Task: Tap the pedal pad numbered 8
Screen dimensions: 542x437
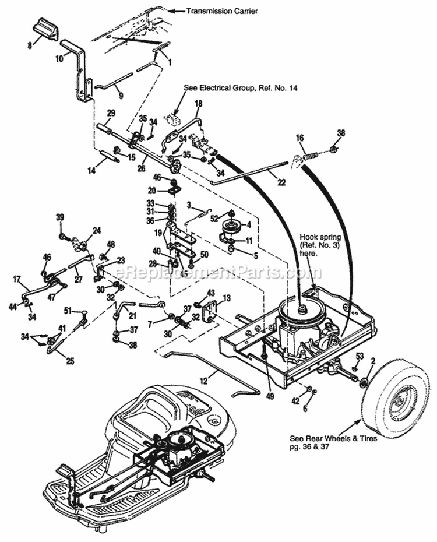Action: [x=45, y=28]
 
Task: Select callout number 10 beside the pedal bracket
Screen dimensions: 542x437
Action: [x=59, y=58]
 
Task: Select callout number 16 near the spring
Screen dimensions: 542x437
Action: [x=300, y=138]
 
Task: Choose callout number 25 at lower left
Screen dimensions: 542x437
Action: [x=70, y=361]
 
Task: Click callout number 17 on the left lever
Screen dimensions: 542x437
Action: [x=17, y=279]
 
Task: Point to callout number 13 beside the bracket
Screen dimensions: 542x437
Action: [x=227, y=297]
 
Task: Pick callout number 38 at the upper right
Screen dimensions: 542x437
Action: [x=341, y=133]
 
